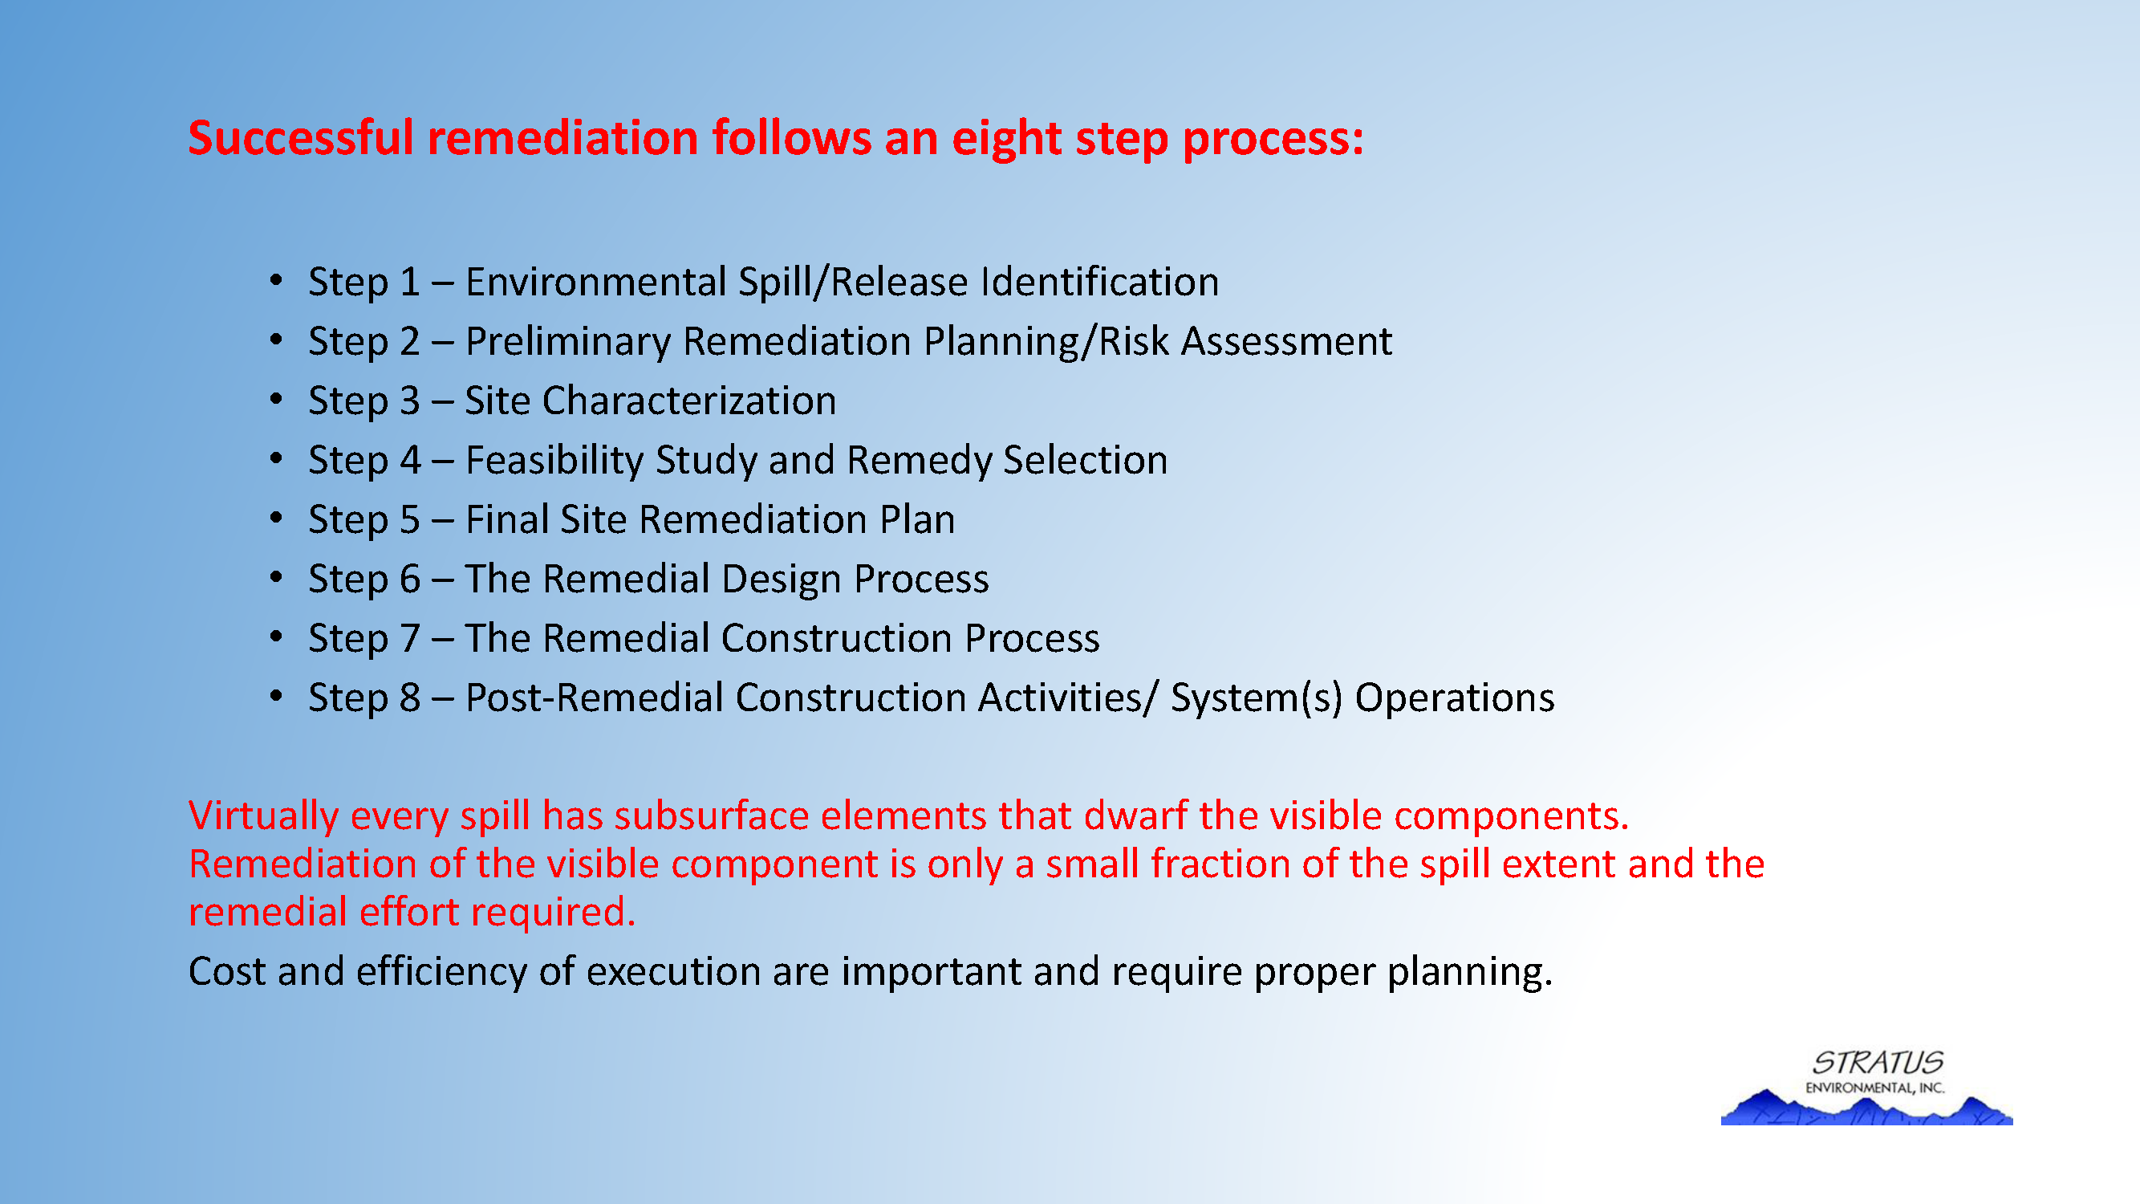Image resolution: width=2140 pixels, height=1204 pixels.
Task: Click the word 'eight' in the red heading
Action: pos(1006,139)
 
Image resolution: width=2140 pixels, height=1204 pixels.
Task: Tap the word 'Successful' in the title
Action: pos(300,137)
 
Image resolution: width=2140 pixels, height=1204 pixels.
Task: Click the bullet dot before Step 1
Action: pos(277,280)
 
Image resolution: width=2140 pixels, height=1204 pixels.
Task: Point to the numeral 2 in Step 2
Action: pos(409,341)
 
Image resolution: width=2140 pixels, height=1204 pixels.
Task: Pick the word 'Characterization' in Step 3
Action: pos(689,401)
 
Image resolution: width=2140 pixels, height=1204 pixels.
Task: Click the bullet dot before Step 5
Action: pos(277,518)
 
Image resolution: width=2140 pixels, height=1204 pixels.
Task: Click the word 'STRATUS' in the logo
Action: pos(1878,1063)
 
